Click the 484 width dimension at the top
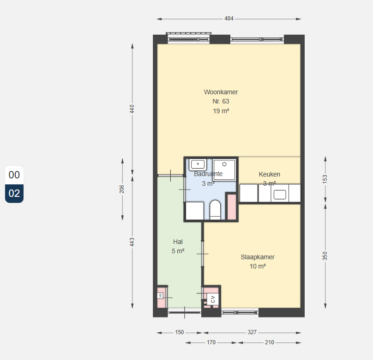[x=229, y=18]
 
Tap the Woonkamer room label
[x=221, y=92]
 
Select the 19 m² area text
[x=221, y=111]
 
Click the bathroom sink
[x=198, y=165]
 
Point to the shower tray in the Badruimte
[x=224, y=170]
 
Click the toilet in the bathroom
[x=215, y=210]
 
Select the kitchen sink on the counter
[x=280, y=195]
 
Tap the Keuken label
[x=269, y=174]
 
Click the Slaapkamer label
[x=258, y=257]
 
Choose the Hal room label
[x=178, y=242]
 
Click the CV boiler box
[x=213, y=299]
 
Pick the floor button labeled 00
[x=14, y=175]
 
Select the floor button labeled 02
[x=14, y=193]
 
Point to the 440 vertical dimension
[x=132, y=109]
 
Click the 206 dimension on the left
[x=122, y=189]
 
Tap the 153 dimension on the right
[x=325, y=179]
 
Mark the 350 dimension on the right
[x=325, y=256]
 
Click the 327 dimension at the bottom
[x=252, y=332]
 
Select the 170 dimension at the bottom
[x=211, y=342]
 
